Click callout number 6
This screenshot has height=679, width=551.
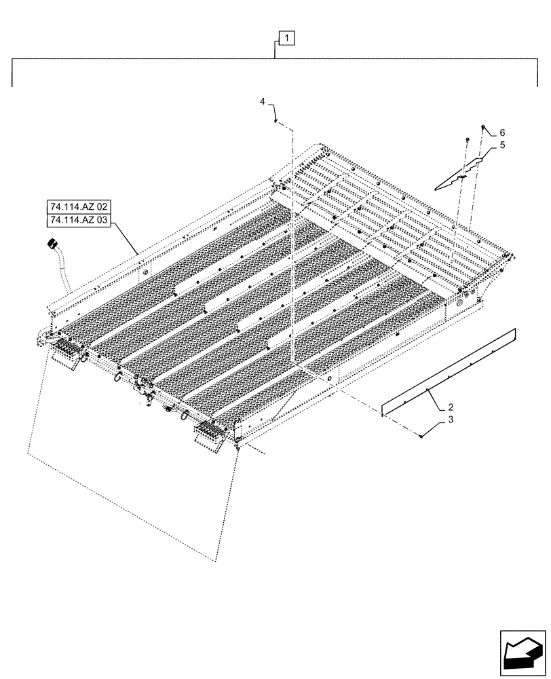[x=503, y=132]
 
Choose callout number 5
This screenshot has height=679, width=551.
[x=503, y=145]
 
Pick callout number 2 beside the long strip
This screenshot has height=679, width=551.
[x=450, y=408]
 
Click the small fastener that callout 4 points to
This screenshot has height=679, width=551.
[x=275, y=121]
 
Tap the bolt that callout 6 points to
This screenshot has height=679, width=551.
[x=482, y=127]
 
